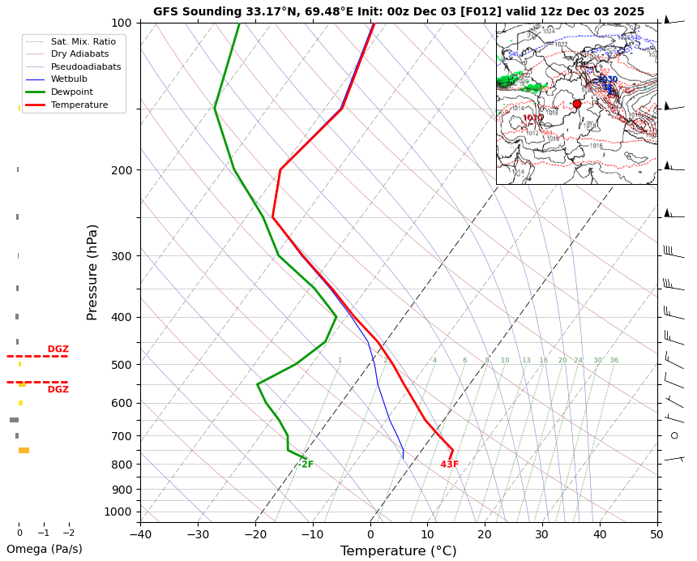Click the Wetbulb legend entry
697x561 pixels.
[68, 79]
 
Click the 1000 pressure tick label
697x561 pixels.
[117, 512]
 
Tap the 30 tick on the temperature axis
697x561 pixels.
[542, 533]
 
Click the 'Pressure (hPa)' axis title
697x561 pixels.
[92, 272]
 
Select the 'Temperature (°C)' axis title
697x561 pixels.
[398, 551]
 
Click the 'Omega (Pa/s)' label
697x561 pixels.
[45, 549]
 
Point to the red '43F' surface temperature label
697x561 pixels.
[450, 465]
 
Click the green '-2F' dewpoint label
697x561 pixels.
[306, 465]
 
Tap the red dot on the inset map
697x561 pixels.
[577, 104]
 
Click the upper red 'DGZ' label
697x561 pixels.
[58, 349]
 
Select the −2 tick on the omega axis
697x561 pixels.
[69, 533]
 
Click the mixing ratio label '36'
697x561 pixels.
[614, 360]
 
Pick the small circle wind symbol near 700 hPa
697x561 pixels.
[674, 435]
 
